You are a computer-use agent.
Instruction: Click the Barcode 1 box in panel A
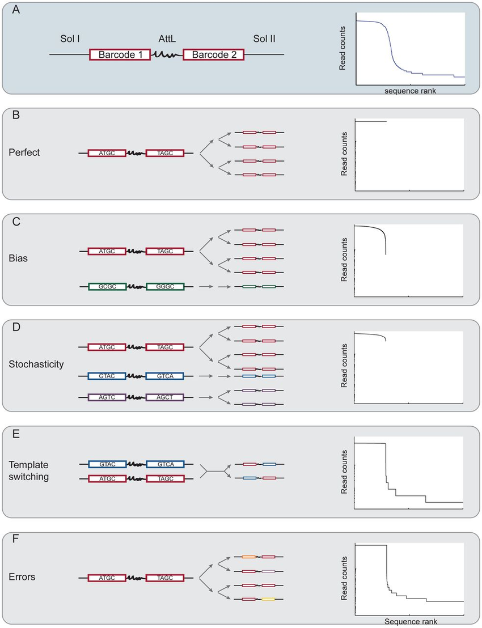(x=120, y=54)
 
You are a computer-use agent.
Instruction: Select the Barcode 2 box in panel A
(x=214, y=54)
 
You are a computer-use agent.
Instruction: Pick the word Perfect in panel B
(x=25, y=153)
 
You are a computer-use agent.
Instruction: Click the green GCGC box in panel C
(x=107, y=288)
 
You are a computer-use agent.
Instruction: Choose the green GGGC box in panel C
(x=165, y=288)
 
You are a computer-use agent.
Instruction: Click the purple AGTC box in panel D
(x=107, y=397)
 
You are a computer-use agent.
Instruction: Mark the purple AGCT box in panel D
(x=165, y=397)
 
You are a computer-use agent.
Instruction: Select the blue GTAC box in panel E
(x=107, y=464)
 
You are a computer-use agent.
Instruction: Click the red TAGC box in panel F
(x=165, y=578)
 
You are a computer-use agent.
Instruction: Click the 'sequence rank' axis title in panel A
(x=410, y=91)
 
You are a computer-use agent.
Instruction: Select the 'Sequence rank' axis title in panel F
(x=409, y=622)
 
